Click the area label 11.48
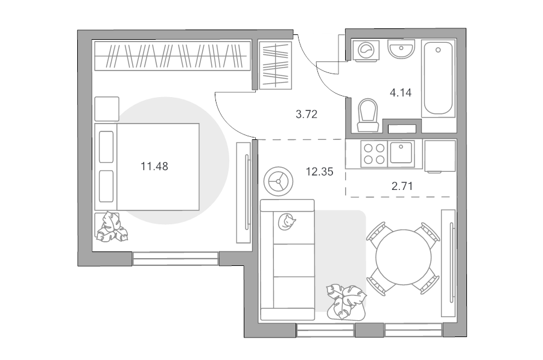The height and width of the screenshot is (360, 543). (154, 166)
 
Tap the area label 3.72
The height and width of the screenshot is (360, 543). (306, 114)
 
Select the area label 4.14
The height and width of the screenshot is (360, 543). (401, 93)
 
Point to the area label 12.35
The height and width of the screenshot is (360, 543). (319, 171)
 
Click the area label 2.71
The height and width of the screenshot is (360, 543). (402, 186)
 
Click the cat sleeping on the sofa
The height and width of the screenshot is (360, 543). (287, 221)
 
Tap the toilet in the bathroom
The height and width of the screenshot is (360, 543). (368, 115)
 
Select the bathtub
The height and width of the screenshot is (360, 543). (438, 78)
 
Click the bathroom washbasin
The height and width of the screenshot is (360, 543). (401, 49)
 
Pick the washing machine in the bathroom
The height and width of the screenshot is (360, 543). (366, 51)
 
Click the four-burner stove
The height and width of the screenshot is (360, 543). (374, 154)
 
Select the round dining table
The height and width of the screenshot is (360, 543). (404, 257)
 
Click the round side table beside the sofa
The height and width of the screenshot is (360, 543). (278, 181)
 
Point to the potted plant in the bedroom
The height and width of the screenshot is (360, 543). (112, 227)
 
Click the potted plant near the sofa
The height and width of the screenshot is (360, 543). (346, 301)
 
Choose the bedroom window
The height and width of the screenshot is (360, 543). (176, 259)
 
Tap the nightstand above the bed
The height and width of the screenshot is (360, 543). (107, 109)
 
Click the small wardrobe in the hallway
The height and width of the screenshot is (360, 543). (275, 65)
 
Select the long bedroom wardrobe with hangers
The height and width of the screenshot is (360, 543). (173, 55)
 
